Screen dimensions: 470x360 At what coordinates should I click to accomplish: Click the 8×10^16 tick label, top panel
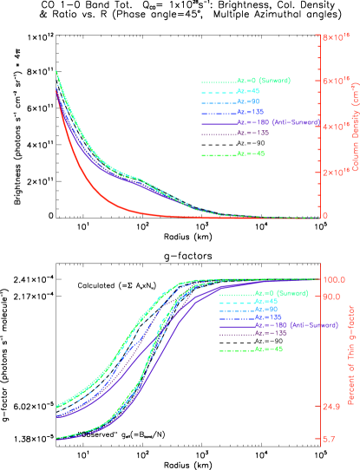click(336, 37)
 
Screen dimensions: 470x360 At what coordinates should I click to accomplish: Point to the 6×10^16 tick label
click(336, 81)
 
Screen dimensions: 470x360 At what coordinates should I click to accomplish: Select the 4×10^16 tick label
click(336, 127)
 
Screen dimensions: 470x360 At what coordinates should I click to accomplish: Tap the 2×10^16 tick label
click(336, 172)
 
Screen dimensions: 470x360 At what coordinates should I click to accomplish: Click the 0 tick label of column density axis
click(325, 216)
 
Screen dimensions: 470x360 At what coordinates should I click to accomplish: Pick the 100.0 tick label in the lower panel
click(334, 279)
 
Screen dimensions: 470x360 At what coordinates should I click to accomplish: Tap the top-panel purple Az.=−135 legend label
click(251, 133)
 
